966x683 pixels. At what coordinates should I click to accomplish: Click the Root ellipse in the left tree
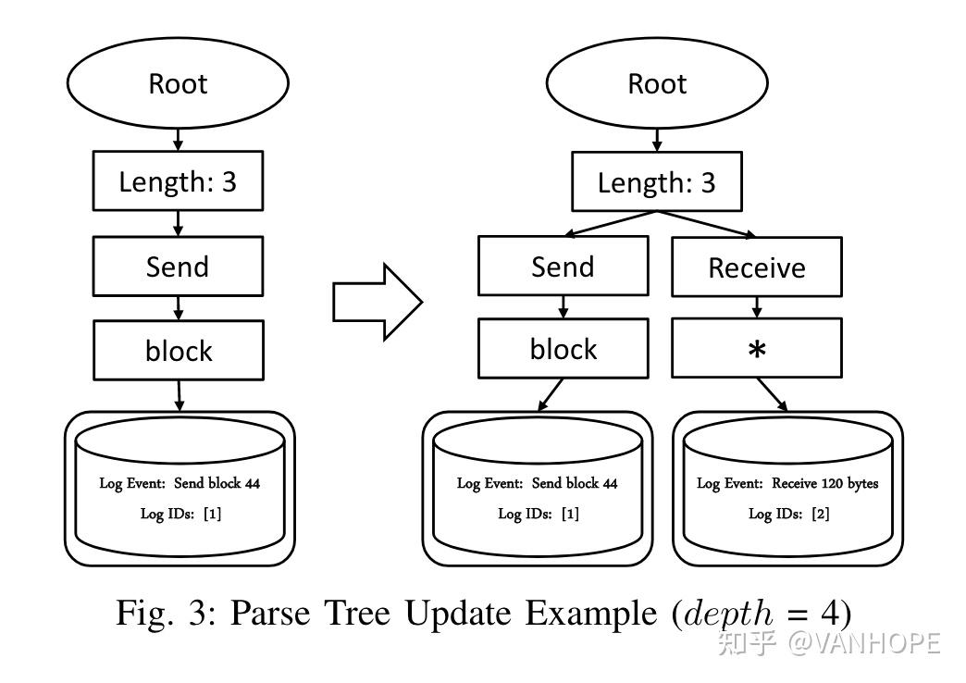click(x=178, y=83)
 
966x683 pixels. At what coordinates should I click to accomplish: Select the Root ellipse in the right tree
click(x=657, y=83)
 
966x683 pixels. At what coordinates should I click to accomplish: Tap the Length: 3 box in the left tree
click(x=178, y=181)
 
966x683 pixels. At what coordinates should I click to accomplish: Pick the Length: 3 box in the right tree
click(x=657, y=182)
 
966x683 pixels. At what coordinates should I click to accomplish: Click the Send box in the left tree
click(x=178, y=267)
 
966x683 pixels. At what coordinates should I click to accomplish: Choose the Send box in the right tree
click(x=563, y=267)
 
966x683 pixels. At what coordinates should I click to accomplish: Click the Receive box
click(x=757, y=267)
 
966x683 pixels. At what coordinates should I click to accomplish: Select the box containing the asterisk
click(x=757, y=349)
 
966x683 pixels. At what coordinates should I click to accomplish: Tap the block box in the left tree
click(x=178, y=350)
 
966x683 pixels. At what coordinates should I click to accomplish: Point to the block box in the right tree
click(x=563, y=349)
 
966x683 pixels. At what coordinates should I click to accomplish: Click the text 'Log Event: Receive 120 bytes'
click(x=787, y=483)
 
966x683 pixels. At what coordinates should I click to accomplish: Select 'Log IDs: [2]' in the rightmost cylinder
click(x=787, y=514)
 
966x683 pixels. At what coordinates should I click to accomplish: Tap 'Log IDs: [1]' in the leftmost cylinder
click(x=179, y=514)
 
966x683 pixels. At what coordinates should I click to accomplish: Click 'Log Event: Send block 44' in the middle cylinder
click(x=537, y=483)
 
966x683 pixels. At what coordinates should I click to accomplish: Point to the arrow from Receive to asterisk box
click(x=757, y=306)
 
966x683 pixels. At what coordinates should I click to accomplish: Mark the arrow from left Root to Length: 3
click(x=178, y=139)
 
